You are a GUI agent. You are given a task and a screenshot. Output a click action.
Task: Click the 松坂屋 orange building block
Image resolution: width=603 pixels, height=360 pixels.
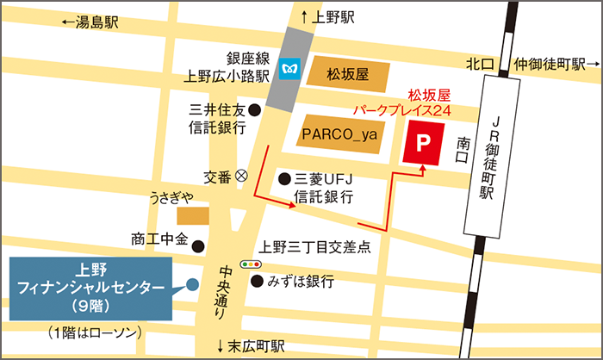[347, 75]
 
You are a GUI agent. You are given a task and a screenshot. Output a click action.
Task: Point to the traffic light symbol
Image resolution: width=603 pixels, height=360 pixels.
[251, 264]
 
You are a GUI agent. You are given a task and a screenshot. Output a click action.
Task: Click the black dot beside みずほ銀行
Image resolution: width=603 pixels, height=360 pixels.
[256, 282]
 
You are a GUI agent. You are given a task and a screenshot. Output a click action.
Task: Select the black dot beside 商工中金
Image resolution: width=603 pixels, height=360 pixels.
[198, 245]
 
